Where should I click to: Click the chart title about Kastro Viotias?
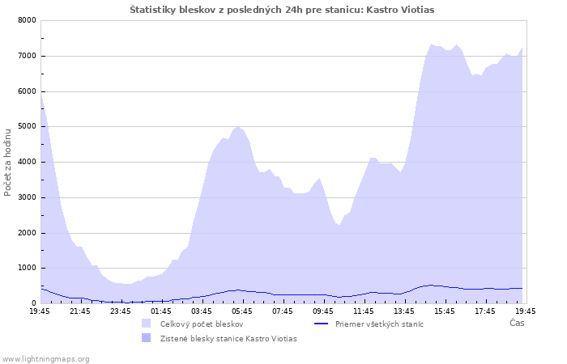282,10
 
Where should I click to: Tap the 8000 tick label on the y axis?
27,20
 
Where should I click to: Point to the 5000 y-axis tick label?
27,126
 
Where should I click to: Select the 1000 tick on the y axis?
27,268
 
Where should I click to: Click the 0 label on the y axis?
34,303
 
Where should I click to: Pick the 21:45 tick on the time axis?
80,311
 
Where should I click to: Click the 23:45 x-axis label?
121,311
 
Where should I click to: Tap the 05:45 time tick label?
242,311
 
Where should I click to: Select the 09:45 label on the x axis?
323,311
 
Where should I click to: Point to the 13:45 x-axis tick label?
404,311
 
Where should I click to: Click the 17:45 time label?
485,311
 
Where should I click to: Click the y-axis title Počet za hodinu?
7,163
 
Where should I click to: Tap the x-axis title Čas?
517,323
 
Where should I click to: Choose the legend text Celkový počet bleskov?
202,324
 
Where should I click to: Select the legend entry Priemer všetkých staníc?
379,324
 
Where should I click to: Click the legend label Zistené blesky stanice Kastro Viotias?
228,339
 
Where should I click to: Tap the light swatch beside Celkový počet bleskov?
146,324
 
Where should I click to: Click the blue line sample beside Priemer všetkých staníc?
321,324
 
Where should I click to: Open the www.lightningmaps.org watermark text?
45,359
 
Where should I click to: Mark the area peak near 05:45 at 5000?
237,127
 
